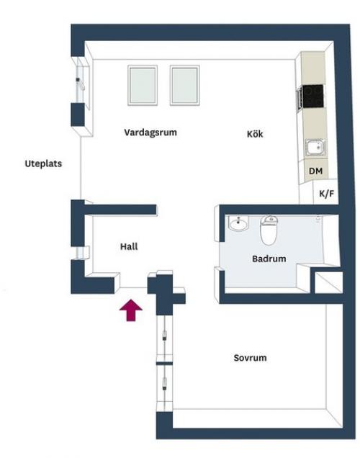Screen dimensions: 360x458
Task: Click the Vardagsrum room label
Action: [150, 133]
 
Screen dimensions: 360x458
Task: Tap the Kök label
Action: [255, 134]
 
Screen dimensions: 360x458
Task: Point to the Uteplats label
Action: [43, 163]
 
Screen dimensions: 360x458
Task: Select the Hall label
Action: [129, 246]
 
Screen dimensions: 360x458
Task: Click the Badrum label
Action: [269, 259]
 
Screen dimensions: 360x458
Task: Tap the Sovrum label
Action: [250, 358]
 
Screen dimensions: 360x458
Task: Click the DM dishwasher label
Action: [315, 171]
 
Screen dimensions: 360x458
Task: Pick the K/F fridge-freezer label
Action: [326, 194]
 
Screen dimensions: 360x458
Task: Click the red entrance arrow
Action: [131, 310]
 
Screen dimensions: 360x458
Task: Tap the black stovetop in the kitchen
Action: [312, 96]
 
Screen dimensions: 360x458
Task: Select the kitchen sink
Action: [315, 147]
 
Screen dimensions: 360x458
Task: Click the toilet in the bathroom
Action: [269, 230]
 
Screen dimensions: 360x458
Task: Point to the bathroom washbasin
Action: [238, 223]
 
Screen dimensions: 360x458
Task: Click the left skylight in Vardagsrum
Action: [143, 85]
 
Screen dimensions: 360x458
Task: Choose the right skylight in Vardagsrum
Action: [185, 85]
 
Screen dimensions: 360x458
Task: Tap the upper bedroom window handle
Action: [165, 335]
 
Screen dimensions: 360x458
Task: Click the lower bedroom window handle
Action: [165, 384]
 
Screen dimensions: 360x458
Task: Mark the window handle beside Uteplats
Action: [80, 84]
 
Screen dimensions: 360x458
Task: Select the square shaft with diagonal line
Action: [329, 282]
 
